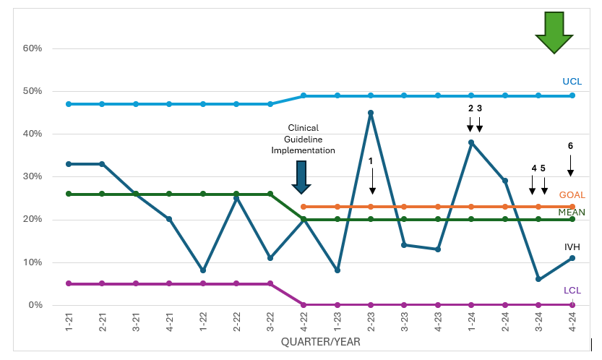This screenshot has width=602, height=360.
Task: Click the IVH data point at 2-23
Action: coord(371,113)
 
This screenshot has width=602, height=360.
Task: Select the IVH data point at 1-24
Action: coord(471,142)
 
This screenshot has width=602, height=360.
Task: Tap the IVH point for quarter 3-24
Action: coord(538,279)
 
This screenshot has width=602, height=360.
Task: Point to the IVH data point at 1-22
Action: coord(202,270)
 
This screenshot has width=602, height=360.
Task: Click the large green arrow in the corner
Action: coord(554,33)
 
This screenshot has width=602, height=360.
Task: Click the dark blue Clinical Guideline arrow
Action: coord(301,177)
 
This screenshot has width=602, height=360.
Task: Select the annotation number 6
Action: coord(570,145)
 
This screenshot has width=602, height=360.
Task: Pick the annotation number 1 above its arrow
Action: coord(371,161)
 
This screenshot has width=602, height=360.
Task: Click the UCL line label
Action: coord(572,82)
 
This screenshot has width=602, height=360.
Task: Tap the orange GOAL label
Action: coord(572,194)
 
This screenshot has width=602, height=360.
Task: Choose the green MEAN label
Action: coord(572,212)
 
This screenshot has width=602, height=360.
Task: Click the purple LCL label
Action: coord(572,291)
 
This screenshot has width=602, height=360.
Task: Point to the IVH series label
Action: coord(572,247)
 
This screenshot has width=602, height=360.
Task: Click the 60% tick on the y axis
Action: coord(33,48)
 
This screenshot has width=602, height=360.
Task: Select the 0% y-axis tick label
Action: coord(35,305)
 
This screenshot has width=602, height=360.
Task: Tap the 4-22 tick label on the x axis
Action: coord(304,322)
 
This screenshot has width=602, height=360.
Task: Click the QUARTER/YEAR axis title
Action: coord(321,341)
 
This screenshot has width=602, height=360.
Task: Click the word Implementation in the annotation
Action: coord(303,150)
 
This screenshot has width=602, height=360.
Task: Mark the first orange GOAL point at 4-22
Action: coord(304,207)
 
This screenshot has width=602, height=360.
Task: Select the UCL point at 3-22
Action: coord(270,104)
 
